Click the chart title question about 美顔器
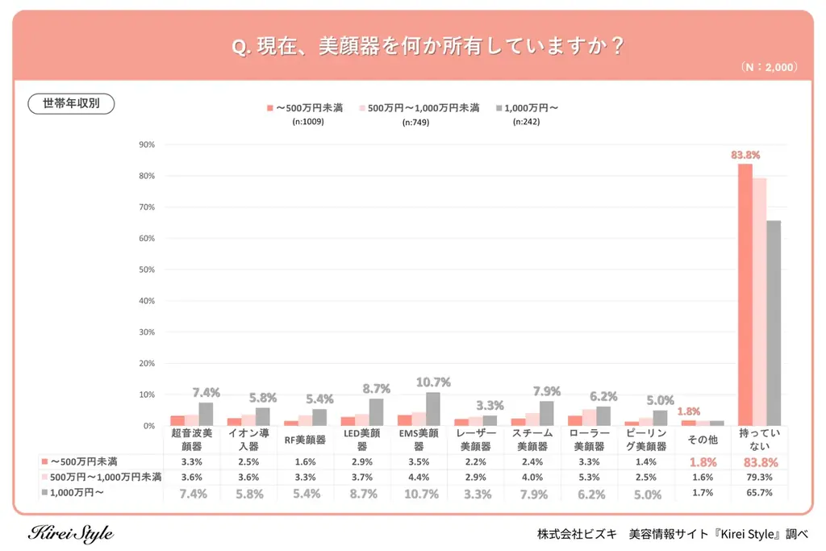428,46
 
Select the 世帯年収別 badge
71,104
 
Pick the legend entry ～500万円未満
304,107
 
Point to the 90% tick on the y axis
147,145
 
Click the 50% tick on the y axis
147,269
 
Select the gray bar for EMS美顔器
433,409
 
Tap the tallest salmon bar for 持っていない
745,294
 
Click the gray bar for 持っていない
774,323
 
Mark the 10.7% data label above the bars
433,382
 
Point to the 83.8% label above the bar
745,154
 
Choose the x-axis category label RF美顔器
305,440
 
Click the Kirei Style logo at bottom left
71,534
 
